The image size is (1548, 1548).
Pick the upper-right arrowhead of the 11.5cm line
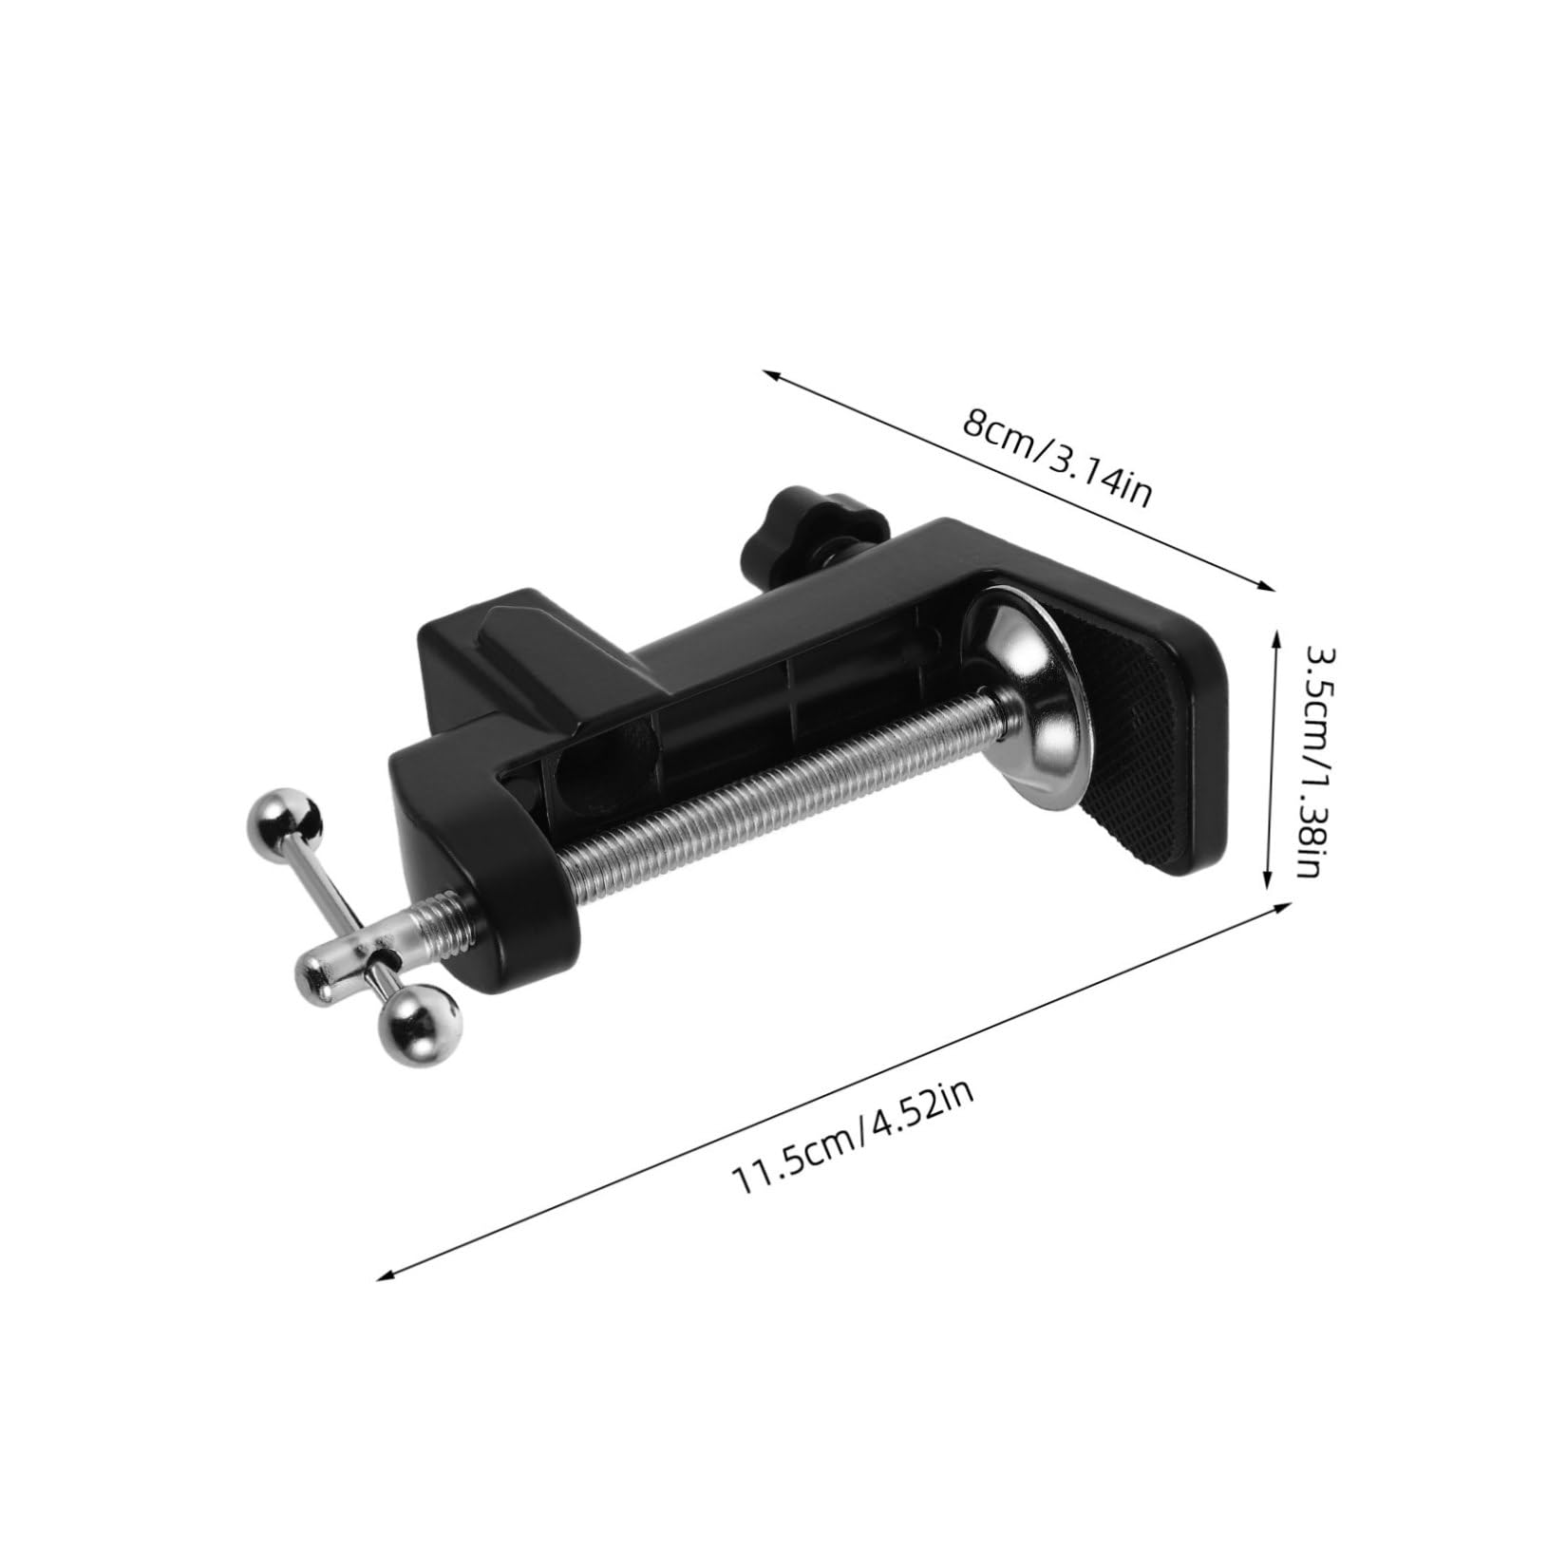click(x=1284, y=906)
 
